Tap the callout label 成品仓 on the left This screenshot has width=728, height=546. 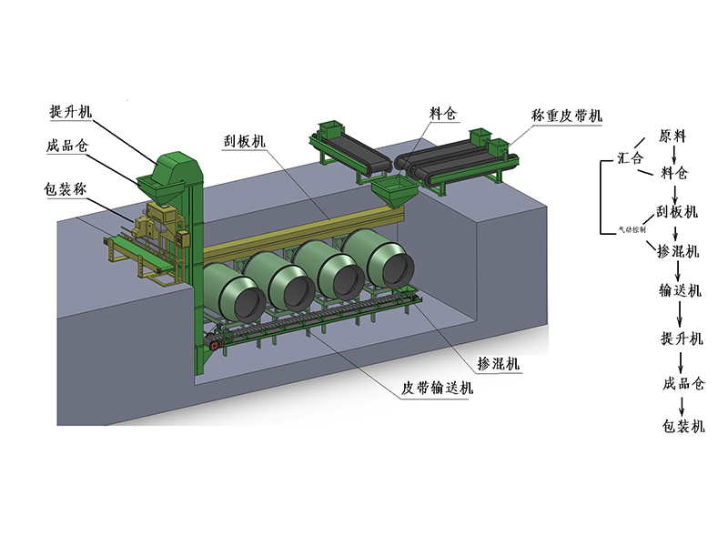click(x=67, y=147)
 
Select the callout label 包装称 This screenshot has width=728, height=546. click(x=66, y=190)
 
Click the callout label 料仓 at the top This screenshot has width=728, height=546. click(x=443, y=116)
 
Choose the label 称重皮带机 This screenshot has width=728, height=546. click(x=566, y=116)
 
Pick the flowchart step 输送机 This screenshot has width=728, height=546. click(x=681, y=290)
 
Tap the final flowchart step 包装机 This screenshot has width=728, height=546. click(x=683, y=425)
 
